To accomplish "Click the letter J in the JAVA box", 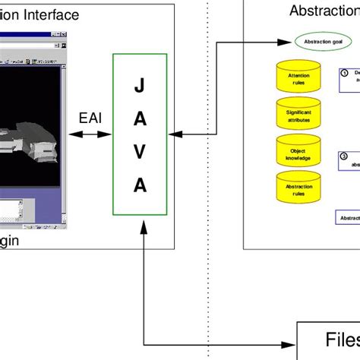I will pos(139,87).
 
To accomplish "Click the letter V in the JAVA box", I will pos(139,152).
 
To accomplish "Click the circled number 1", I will pos(343,73).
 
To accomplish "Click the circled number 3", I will pos(343,156).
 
